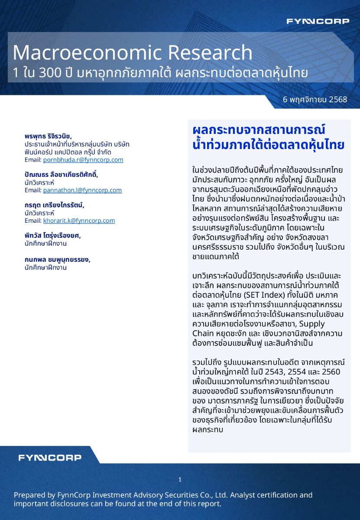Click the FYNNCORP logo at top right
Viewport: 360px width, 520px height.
pos(318,21)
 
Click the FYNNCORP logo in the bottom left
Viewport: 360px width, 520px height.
pos(49,458)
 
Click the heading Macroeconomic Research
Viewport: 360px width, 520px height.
pos(133,52)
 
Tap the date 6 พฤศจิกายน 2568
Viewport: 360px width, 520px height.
pos(315,99)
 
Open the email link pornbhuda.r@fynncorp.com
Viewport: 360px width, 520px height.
pos(83,159)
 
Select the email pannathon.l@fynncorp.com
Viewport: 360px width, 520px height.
pos(82,190)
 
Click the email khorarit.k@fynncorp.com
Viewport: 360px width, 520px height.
pos(79,220)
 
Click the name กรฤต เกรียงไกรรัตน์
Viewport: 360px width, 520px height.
pos(54,205)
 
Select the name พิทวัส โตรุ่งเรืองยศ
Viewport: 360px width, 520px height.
pos(52,235)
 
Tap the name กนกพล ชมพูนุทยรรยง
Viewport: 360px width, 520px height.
pos(57,260)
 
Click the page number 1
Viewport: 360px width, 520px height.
pos(180,480)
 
